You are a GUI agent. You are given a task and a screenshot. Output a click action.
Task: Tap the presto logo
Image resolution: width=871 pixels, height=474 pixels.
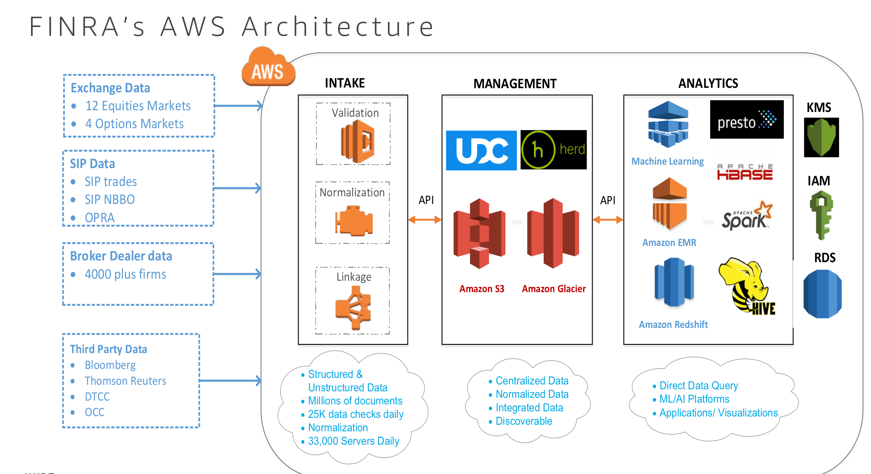coord(747,120)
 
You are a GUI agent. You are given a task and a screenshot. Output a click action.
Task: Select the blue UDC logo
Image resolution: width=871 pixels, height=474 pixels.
coord(481,150)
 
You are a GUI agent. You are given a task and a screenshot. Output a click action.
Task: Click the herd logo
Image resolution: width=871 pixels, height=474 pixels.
coord(553,150)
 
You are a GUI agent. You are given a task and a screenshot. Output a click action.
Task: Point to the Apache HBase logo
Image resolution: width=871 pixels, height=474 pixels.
coord(745,172)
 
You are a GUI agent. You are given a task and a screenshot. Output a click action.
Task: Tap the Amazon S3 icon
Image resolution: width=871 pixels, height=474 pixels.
coord(479,233)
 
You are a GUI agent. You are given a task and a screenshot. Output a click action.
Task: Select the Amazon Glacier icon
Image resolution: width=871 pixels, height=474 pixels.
coord(553,233)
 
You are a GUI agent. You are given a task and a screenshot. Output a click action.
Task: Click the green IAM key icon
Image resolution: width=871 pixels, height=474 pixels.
coord(821,215)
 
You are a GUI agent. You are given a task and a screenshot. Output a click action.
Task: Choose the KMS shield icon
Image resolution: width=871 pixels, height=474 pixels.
coord(821,137)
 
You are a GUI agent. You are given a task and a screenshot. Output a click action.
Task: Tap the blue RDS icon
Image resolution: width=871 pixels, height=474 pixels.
coord(822,294)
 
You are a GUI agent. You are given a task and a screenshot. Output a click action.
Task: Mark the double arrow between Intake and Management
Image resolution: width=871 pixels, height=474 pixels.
coord(425,219)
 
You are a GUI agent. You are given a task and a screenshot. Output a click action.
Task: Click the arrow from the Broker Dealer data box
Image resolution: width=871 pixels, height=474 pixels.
coord(237,274)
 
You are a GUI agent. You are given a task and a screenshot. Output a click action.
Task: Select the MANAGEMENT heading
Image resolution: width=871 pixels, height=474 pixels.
coord(515,84)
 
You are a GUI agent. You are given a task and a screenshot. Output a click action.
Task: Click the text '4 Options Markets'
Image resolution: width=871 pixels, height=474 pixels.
coord(134,124)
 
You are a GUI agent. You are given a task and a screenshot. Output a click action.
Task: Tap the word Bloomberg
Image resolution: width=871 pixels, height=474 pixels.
coord(110,365)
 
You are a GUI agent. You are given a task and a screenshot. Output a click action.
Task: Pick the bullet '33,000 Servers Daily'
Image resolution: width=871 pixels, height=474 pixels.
coord(353,441)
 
